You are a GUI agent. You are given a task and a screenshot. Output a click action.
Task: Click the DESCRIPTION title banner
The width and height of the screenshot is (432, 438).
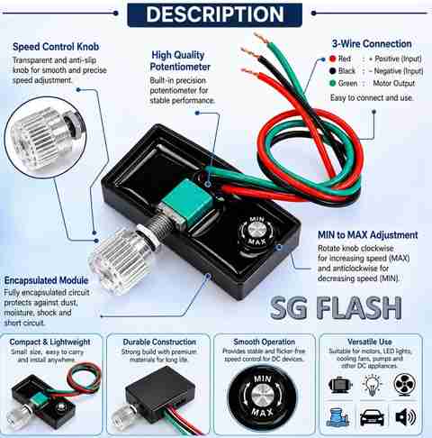point(215,14)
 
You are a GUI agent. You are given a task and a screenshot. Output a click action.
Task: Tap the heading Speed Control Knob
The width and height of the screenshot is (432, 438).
point(56,47)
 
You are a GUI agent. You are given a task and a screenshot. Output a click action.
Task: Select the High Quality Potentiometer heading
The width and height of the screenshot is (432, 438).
point(180,60)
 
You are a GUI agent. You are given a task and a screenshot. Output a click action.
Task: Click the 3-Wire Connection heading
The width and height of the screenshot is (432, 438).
point(372,44)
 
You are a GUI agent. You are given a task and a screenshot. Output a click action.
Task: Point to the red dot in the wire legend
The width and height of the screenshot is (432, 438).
point(332,59)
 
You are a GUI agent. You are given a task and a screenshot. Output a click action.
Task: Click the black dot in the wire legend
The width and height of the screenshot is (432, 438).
point(332,71)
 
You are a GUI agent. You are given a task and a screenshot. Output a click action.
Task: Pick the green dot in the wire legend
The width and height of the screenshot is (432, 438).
point(332,83)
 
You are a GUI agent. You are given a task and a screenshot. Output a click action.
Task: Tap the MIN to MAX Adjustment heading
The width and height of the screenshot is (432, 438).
point(368,234)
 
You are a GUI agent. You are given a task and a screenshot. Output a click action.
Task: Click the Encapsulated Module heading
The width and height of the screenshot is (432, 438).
point(46,280)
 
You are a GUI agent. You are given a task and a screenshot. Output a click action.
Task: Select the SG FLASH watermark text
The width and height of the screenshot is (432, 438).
point(336,307)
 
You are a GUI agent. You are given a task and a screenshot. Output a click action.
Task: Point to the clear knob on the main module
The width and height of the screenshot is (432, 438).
point(120,262)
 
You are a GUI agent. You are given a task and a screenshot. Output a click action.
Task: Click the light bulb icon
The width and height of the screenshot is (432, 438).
point(372,385)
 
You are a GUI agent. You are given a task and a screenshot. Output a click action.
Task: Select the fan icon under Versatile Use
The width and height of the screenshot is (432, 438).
point(404,384)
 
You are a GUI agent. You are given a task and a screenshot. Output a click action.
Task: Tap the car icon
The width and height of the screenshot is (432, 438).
point(372,417)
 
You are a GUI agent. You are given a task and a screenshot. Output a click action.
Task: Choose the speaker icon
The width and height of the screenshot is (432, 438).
point(405,417)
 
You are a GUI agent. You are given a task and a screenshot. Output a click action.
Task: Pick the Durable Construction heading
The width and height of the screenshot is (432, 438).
point(159,342)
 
